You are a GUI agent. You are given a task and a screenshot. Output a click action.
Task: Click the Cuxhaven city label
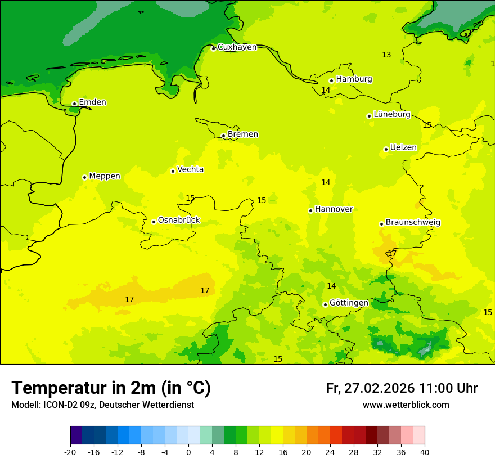point(237,47)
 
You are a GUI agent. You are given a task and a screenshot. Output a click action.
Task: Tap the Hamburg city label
point(354,79)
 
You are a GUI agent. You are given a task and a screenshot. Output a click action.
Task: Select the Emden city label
point(92,102)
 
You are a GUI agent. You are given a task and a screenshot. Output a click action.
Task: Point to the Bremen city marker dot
point(223,136)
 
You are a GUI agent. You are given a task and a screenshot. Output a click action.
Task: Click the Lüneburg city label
point(391,115)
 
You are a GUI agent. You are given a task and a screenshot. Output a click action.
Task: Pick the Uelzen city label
point(403,148)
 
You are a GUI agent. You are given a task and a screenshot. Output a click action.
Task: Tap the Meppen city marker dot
point(84,177)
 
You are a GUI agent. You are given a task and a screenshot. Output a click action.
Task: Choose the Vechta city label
point(190,170)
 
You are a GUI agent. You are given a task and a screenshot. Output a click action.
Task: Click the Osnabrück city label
point(178,221)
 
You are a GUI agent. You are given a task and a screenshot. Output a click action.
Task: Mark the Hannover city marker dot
point(310,210)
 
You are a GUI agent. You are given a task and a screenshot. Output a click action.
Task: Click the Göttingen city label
point(349,303)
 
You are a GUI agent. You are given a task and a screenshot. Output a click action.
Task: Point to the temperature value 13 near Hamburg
point(386,55)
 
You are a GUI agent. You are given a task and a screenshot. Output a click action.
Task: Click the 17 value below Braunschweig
point(392,254)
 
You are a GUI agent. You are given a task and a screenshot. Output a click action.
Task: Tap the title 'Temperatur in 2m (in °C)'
point(111,388)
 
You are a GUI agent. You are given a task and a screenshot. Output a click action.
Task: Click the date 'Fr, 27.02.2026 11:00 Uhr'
point(402,389)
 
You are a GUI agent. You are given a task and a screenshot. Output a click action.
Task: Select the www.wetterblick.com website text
point(406,405)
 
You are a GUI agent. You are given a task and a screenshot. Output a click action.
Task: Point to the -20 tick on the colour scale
point(70,452)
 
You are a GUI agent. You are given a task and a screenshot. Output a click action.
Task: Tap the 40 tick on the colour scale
point(425,452)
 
